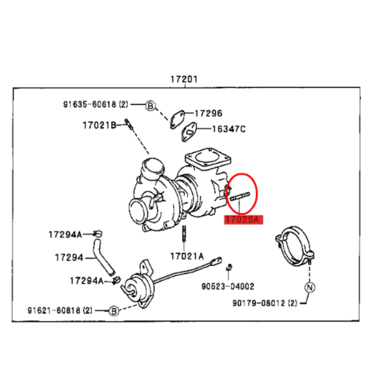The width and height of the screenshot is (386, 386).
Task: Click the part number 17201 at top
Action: coord(184,79)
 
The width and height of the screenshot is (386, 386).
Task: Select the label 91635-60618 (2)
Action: coord(96,104)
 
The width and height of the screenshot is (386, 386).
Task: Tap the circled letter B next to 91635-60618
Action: coord(151,106)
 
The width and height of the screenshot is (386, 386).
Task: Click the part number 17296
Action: coord(208,113)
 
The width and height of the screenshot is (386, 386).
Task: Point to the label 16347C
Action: coord(228,129)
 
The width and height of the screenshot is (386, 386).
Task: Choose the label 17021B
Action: coord(100,125)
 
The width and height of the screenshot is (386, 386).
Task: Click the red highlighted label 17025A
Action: coord(243,219)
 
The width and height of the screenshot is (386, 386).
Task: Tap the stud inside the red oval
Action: coord(240,196)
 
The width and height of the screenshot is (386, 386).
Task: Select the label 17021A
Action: coord(187,256)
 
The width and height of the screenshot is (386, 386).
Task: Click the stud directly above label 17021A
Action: coord(184,234)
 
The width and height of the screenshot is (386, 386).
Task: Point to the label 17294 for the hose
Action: coord(69,258)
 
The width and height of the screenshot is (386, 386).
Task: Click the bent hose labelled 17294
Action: coord(103,257)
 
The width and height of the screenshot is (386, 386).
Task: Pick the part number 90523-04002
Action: coord(228,286)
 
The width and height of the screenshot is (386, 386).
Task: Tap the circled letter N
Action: coord(309,288)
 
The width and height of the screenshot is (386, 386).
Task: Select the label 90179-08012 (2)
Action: coord(265,303)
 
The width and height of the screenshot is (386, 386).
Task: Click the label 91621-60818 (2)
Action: coord(60,311)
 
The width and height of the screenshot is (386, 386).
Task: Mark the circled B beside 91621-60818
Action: coord(114,311)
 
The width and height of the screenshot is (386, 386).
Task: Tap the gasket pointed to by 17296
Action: coord(178,119)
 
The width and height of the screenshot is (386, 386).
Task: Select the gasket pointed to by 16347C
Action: coord(189,132)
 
